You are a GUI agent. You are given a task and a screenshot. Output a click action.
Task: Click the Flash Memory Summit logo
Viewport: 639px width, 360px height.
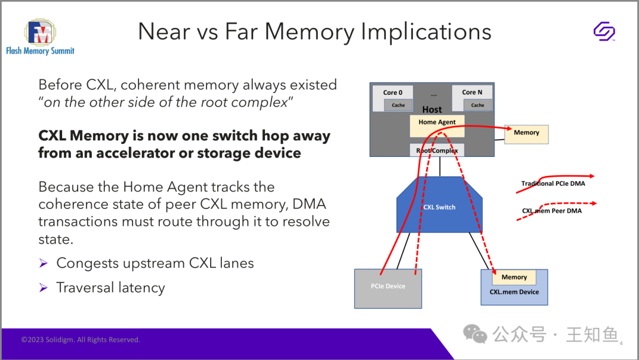click(x=40, y=37)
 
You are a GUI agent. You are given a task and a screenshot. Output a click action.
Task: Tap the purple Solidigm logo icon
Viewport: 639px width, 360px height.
click(x=604, y=31)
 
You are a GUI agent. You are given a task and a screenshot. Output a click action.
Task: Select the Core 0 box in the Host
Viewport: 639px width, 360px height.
click(x=392, y=98)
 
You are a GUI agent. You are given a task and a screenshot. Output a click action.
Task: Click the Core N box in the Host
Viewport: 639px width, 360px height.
click(x=472, y=98)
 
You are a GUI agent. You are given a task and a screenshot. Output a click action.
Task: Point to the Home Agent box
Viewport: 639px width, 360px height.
click(x=437, y=126)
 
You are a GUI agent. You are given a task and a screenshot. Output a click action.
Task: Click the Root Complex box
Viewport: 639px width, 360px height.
click(x=437, y=150)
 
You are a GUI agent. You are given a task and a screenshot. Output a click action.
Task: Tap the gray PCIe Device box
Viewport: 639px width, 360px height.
click(x=388, y=288)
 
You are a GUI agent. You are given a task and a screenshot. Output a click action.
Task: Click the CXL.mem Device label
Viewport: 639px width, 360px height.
click(x=514, y=292)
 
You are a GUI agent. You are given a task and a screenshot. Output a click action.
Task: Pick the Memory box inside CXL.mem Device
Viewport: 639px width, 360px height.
click(x=514, y=277)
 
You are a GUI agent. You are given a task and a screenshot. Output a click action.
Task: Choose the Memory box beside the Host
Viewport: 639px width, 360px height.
click(x=527, y=134)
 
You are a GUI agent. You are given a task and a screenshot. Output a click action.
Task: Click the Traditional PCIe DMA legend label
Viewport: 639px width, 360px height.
click(x=553, y=184)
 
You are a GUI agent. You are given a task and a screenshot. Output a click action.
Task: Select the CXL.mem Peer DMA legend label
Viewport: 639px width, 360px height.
click(x=552, y=211)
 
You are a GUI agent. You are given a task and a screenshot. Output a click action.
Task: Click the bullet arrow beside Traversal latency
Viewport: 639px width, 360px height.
click(x=44, y=288)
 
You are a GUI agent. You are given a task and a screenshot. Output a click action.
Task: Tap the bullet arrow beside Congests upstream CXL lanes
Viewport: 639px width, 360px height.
click(x=44, y=263)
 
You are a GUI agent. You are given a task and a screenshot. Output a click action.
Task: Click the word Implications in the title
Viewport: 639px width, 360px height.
click(x=426, y=32)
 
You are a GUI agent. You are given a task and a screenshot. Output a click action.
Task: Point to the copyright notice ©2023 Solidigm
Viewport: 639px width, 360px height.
click(x=80, y=340)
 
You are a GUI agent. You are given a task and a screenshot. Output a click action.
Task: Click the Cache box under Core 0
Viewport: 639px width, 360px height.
click(x=398, y=105)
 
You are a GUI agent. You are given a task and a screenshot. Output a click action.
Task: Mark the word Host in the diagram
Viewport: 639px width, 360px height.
click(x=432, y=110)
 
